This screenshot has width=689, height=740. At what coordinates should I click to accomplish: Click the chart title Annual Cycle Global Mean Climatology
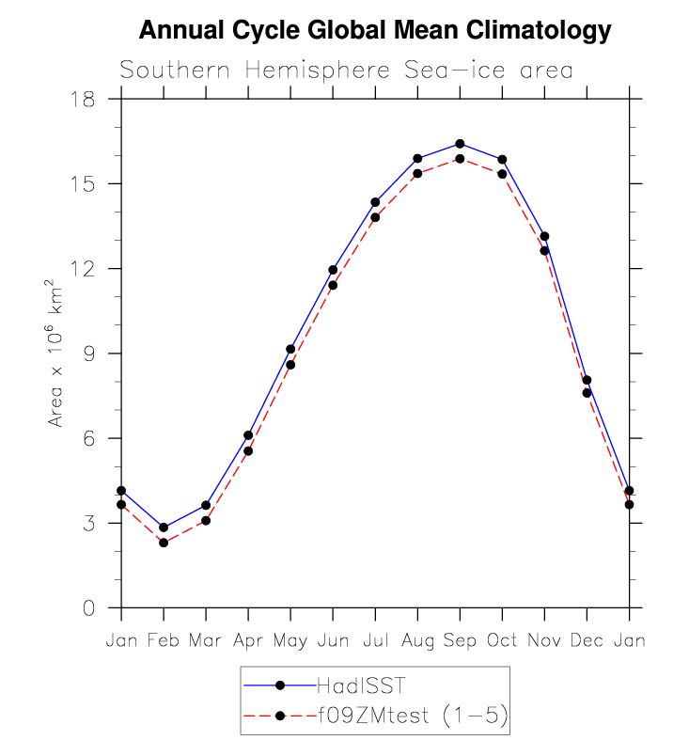[x=375, y=31]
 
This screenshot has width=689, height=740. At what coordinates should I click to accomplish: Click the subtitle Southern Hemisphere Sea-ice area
[x=347, y=71]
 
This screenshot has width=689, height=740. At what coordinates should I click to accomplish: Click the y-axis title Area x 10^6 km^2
[x=56, y=353]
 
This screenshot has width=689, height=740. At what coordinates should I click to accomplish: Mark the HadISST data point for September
[x=460, y=144]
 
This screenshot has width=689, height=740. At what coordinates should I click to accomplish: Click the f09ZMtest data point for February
[x=164, y=543]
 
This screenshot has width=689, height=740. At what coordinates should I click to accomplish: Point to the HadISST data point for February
[x=164, y=527]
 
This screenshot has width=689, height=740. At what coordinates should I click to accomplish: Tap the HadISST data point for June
[x=333, y=270]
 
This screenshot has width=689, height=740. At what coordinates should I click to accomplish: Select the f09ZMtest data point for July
[x=375, y=217]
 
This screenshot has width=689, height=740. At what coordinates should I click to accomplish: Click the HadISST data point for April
[x=248, y=435]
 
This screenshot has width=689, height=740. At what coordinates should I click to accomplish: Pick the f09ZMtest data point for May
[x=290, y=365]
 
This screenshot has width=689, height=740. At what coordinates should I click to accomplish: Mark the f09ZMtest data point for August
[x=417, y=173]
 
